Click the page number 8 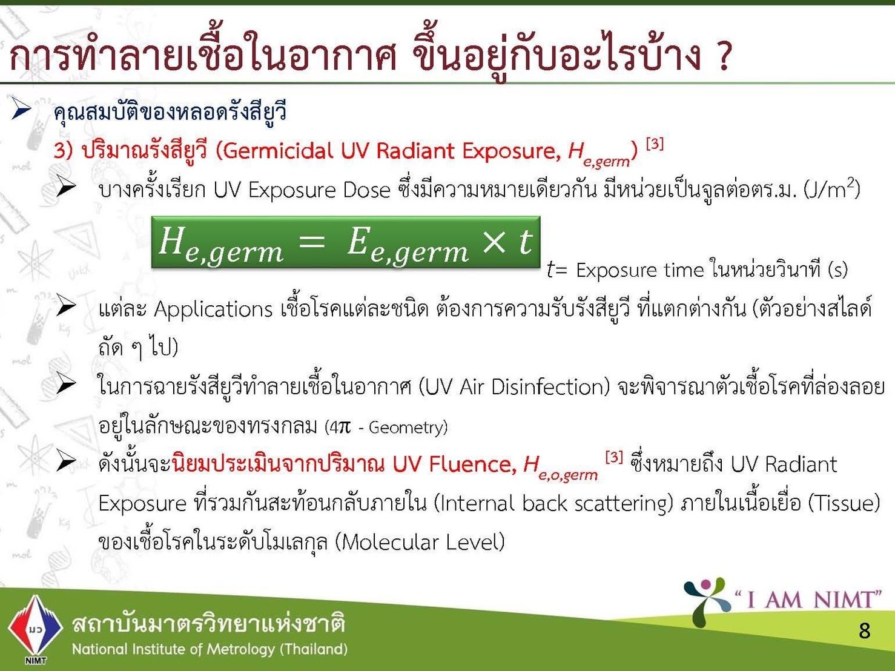click(864, 631)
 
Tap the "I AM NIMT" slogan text click(808, 600)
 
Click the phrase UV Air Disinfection click(514, 387)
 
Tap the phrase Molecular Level click(420, 542)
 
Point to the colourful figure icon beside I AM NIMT click(706, 601)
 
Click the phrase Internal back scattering click(552, 503)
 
